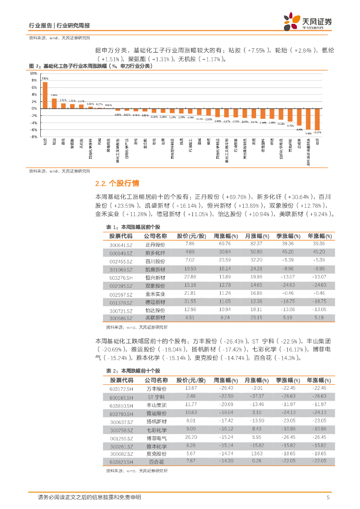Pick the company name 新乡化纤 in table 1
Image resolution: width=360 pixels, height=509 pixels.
pyautogui.click(x=155, y=253)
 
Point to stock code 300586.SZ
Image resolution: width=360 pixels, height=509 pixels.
pyautogui.click(x=121, y=317)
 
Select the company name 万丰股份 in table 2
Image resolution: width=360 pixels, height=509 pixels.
pyautogui.click(x=157, y=389)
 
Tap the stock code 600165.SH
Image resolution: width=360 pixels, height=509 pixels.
pyautogui.click(x=121, y=397)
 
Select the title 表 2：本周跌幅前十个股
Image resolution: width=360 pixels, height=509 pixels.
pyautogui.click(x=133, y=371)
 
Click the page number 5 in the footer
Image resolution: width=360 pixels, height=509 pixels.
pyautogui.click(x=328, y=498)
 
